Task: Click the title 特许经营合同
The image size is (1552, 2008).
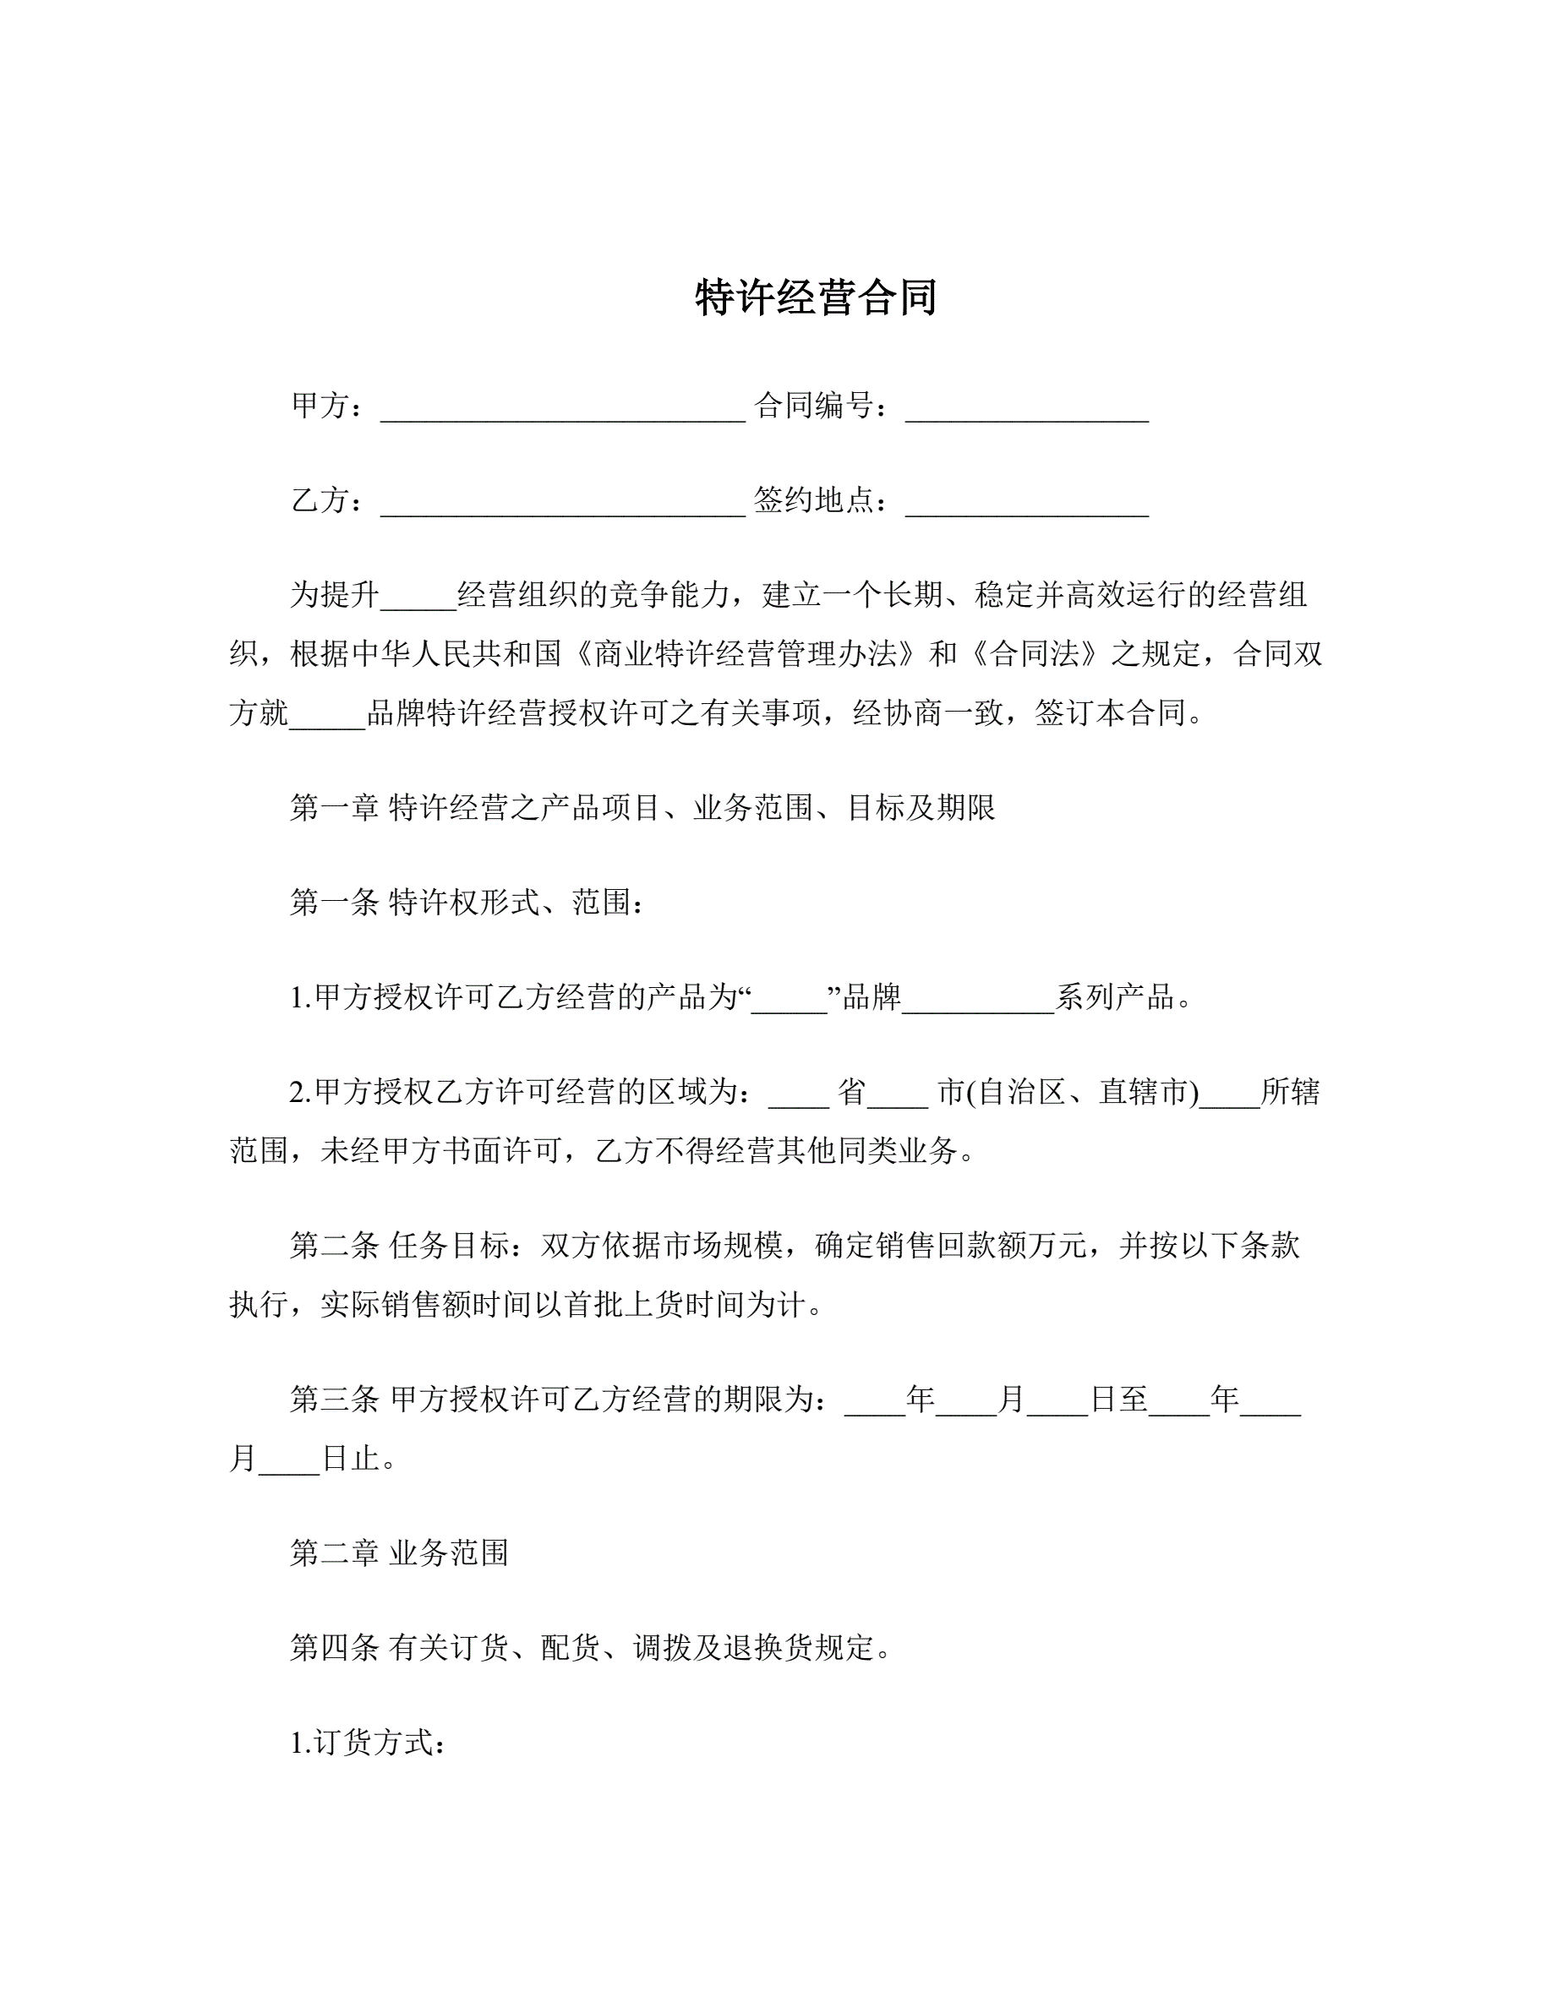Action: (816, 297)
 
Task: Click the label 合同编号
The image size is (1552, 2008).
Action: (813, 406)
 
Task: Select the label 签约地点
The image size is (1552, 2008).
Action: (813, 500)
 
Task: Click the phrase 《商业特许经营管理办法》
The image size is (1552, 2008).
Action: (745, 654)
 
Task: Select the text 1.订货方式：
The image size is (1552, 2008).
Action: (369, 1743)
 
